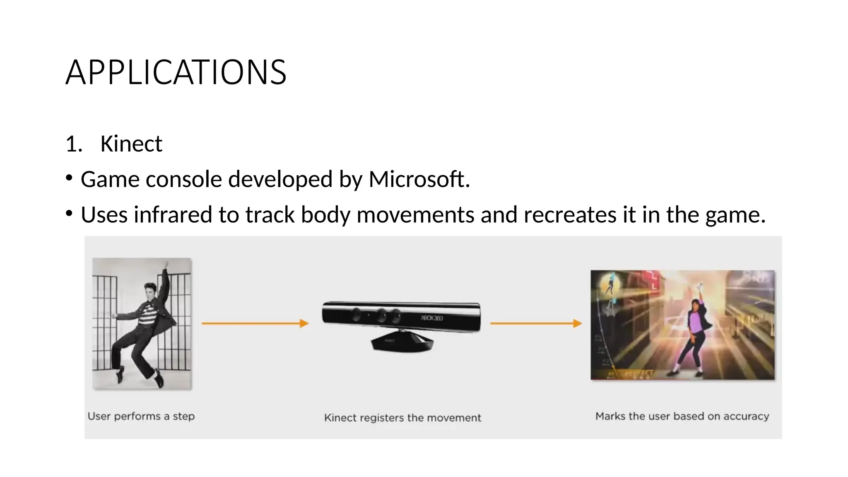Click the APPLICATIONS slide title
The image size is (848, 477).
(x=176, y=72)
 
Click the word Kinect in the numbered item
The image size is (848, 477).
(x=131, y=144)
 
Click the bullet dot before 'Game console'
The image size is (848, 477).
(x=69, y=178)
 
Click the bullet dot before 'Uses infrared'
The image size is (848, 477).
(x=69, y=214)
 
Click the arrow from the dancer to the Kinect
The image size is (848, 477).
(x=255, y=323)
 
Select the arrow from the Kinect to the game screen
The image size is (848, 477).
(x=536, y=323)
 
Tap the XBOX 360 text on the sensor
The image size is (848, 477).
(x=432, y=318)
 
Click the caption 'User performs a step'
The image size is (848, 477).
(x=141, y=416)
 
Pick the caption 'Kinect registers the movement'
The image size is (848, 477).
(x=402, y=418)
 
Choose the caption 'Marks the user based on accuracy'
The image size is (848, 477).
(x=682, y=416)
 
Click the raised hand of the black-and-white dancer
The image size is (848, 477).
(x=166, y=264)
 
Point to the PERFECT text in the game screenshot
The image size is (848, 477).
(x=640, y=373)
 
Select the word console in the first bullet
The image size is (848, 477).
(x=184, y=179)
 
